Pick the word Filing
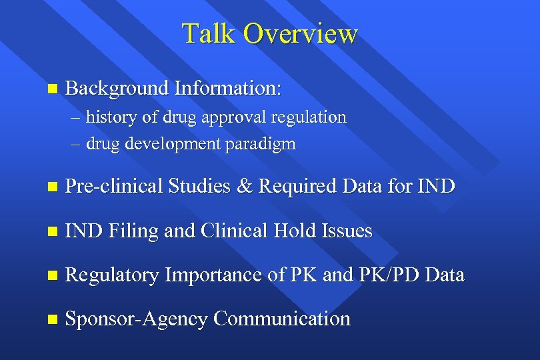132,231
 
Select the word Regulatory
112,275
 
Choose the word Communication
282,319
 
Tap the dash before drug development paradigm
76,144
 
